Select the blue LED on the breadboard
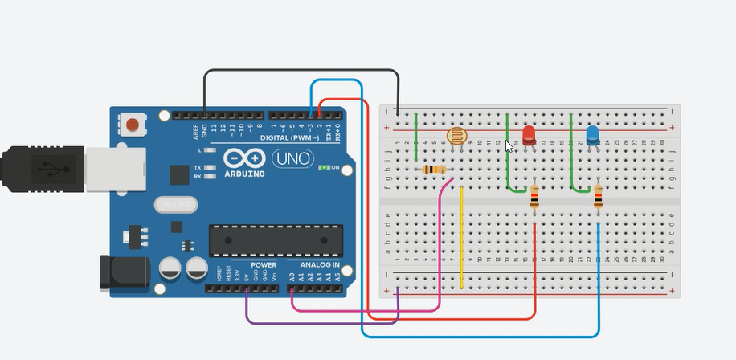(x=592, y=135)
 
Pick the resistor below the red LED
(x=535, y=196)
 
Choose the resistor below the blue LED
(x=598, y=196)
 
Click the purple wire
(x=321, y=323)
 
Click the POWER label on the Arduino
(x=263, y=264)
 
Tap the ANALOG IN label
(x=320, y=264)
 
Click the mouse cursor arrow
(x=509, y=145)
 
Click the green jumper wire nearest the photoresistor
(x=416, y=137)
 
